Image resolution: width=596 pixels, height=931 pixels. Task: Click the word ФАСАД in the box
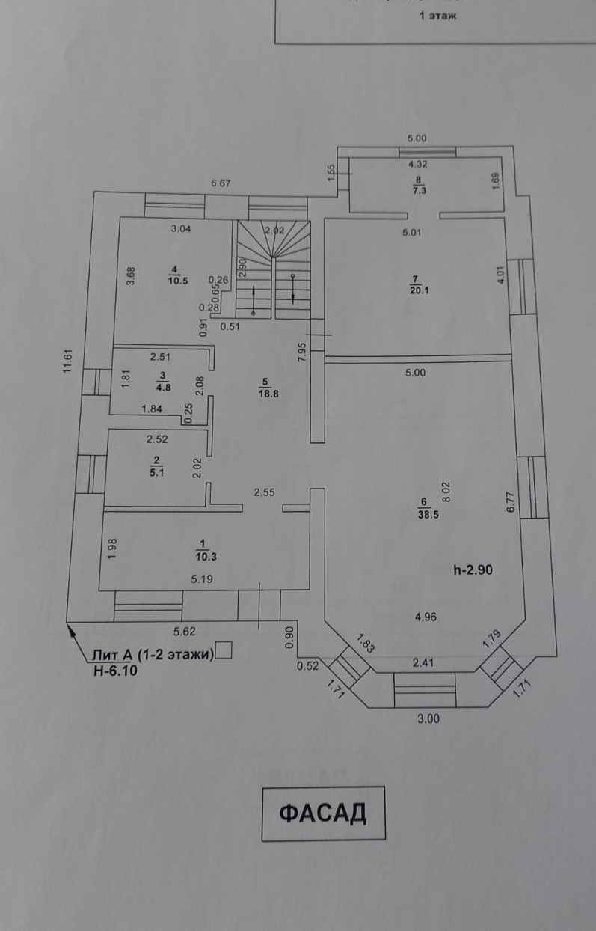pos(323,814)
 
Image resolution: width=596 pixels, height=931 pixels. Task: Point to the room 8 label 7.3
pos(419,190)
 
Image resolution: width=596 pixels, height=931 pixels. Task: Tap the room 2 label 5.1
pos(157,471)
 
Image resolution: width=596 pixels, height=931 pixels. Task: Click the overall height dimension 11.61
pos(67,362)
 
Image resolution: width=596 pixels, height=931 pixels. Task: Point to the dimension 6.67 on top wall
pos(222,183)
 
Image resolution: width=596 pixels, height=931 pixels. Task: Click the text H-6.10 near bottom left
pos(111,672)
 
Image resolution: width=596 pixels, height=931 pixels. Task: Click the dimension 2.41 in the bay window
pos(423,662)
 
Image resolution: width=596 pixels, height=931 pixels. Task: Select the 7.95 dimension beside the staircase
pos(302,352)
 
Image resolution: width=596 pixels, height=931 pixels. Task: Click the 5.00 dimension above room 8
pos(417,138)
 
